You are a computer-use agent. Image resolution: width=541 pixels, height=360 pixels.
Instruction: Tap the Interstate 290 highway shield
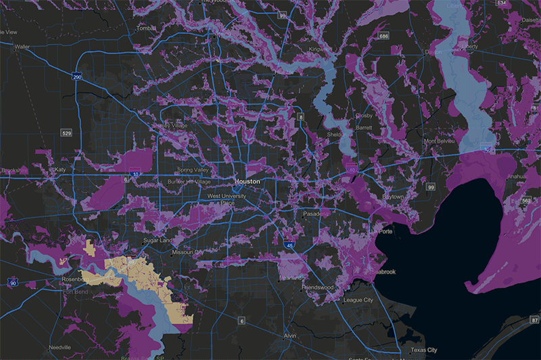click(78, 76)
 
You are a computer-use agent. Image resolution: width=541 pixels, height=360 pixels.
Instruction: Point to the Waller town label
click(22, 47)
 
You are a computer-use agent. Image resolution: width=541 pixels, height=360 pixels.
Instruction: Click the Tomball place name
click(146, 28)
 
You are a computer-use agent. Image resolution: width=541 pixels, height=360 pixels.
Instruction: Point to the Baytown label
click(392, 196)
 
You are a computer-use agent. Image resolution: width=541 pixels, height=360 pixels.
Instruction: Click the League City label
click(358, 300)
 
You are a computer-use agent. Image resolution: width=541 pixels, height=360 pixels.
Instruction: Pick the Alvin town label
click(290, 336)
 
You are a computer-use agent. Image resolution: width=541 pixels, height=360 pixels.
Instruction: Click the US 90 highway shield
click(13, 282)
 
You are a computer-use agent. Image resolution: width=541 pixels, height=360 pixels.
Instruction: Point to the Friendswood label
click(318, 287)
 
